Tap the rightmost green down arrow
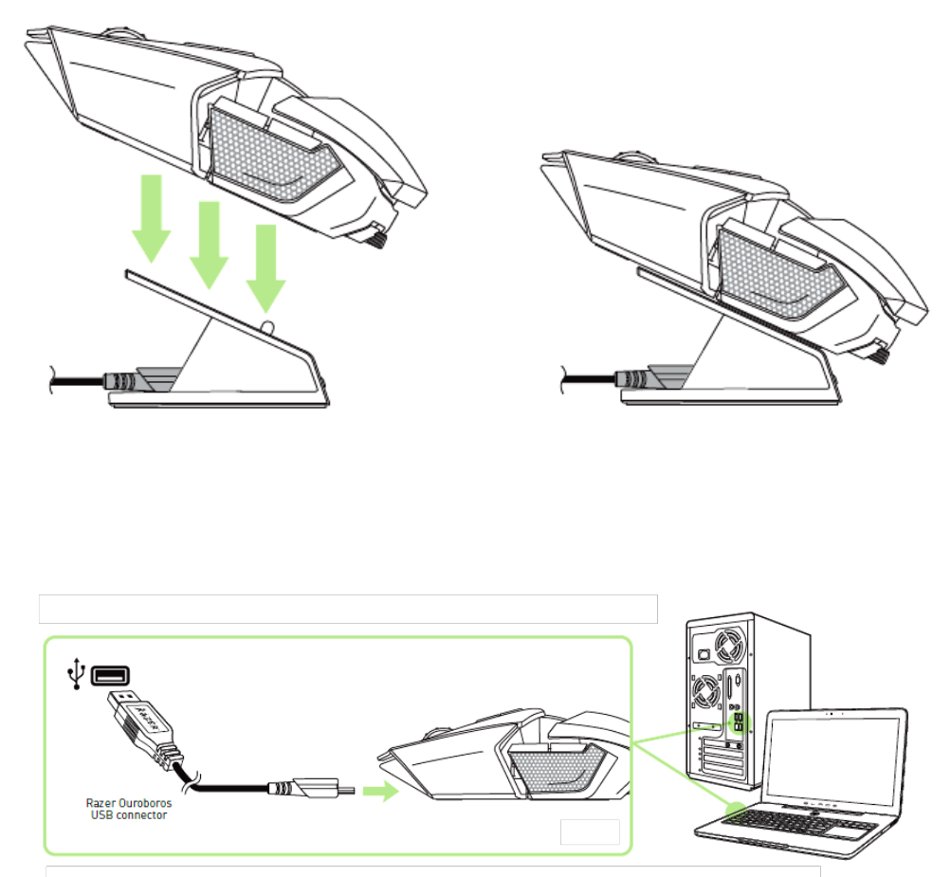point(265,270)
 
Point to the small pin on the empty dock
point(268,325)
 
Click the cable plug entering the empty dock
point(121,380)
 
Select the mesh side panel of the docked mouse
point(779,274)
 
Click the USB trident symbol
point(74,674)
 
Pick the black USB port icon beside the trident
point(110,674)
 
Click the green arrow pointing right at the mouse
point(380,793)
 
